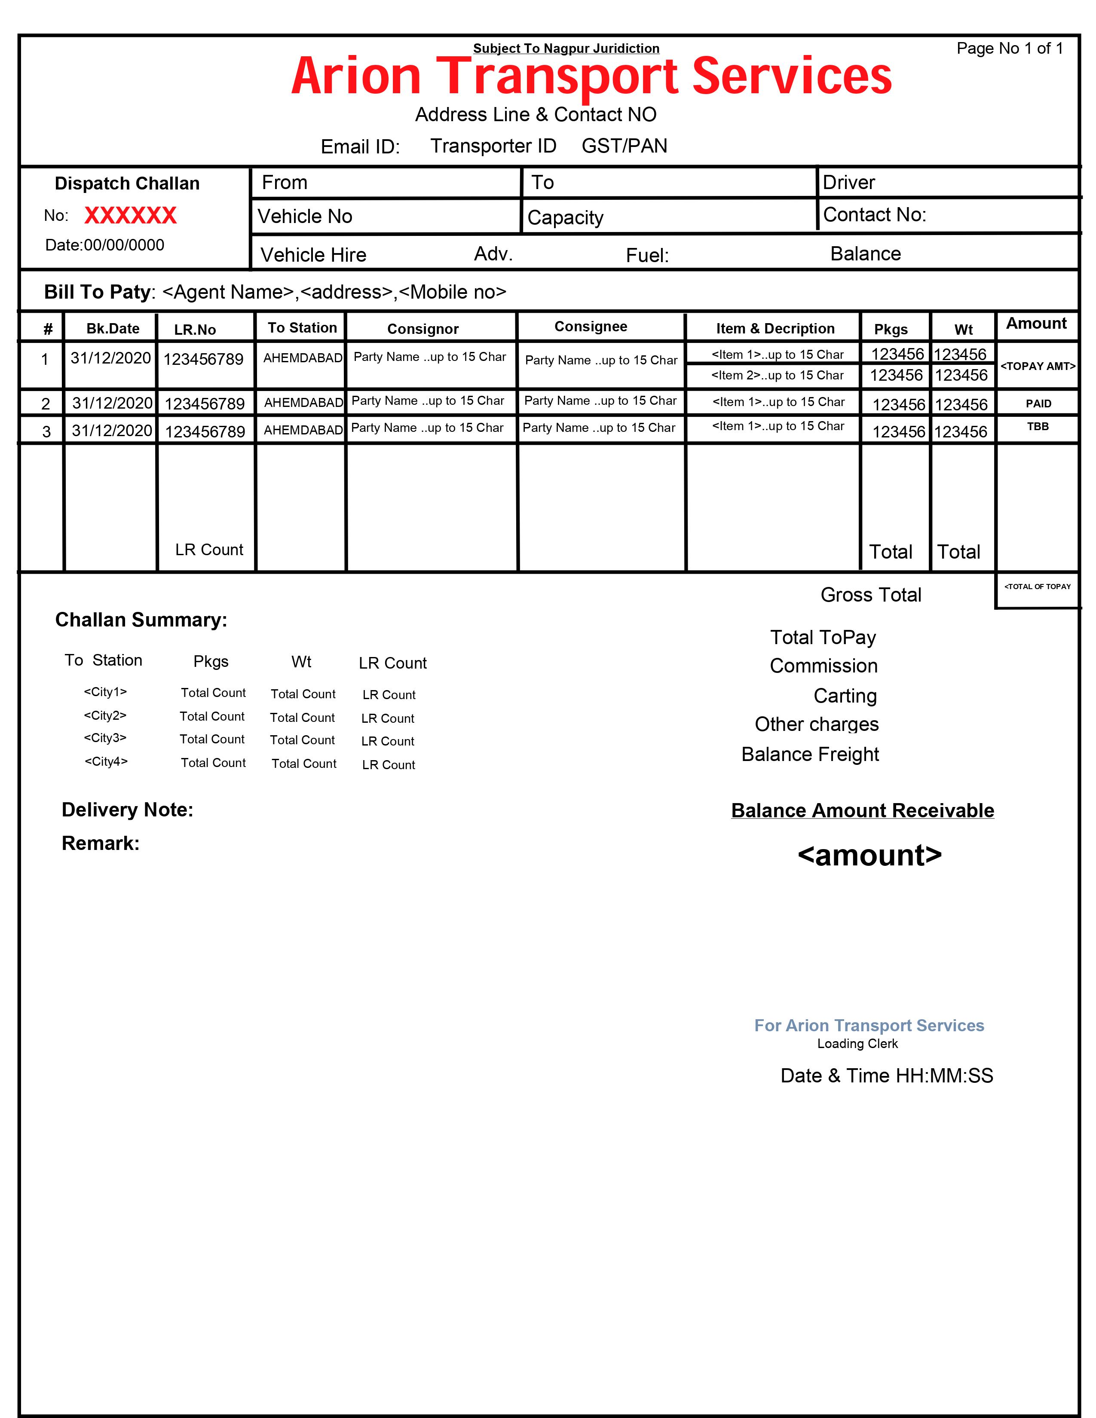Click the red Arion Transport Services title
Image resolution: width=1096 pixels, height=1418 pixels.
pos(591,76)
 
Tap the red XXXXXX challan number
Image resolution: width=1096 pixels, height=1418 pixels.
pos(131,216)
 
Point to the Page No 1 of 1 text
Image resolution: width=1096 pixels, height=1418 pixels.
pos(1009,49)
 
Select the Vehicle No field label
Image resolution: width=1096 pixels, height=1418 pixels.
pos(305,216)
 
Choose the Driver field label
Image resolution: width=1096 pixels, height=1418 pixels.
pos(848,183)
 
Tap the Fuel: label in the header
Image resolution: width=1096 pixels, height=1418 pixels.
pos(647,255)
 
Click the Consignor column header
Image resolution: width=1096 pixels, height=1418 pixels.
pos(422,329)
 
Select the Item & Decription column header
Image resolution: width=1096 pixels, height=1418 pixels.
pos(775,329)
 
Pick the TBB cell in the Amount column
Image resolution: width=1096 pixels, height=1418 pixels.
pos(1038,427)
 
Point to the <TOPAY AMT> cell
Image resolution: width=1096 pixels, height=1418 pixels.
pos(1038,366)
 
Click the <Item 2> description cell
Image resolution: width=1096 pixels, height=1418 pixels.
pos(777,375)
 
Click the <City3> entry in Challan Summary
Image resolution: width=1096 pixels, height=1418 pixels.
pos(105,738)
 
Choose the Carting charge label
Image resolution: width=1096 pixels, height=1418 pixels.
pos(845,696)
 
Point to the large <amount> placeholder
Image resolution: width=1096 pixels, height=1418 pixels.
pos(869,855)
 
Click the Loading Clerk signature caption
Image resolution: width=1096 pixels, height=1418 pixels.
pos(857,1043)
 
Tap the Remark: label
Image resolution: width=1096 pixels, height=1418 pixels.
pos(101,843)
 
